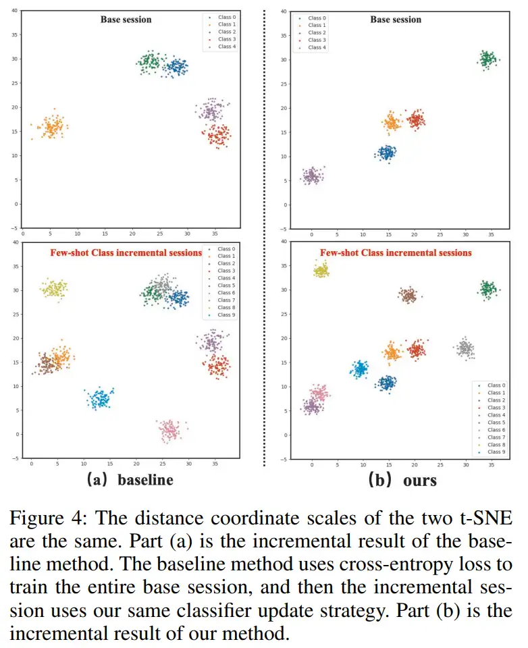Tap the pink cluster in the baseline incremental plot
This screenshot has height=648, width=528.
[170, 430]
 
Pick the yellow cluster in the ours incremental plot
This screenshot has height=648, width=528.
[321, 270]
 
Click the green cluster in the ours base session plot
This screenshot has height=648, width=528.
[487, 60]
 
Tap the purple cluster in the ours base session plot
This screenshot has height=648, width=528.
[313, 176]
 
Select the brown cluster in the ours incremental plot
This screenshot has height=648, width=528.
[408, 295]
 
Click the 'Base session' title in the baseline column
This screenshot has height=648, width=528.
[126, 20]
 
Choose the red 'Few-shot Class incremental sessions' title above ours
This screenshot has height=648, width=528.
[396, 252]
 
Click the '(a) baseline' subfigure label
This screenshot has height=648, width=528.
[130, 479]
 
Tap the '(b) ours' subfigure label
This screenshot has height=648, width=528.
[402, 480]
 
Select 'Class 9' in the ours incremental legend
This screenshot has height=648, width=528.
[496, 452]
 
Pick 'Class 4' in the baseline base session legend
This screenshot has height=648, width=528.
[227, 47]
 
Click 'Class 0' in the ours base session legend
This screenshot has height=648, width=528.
[317, 18]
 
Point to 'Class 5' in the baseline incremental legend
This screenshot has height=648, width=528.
[226, 285]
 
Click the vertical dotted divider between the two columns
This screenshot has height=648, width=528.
[264, 238]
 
